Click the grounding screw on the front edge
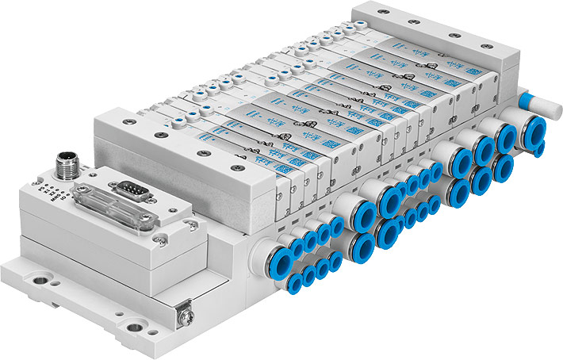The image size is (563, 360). [x=183, y=316]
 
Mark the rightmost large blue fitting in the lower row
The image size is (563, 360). [x=501, y=167]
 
